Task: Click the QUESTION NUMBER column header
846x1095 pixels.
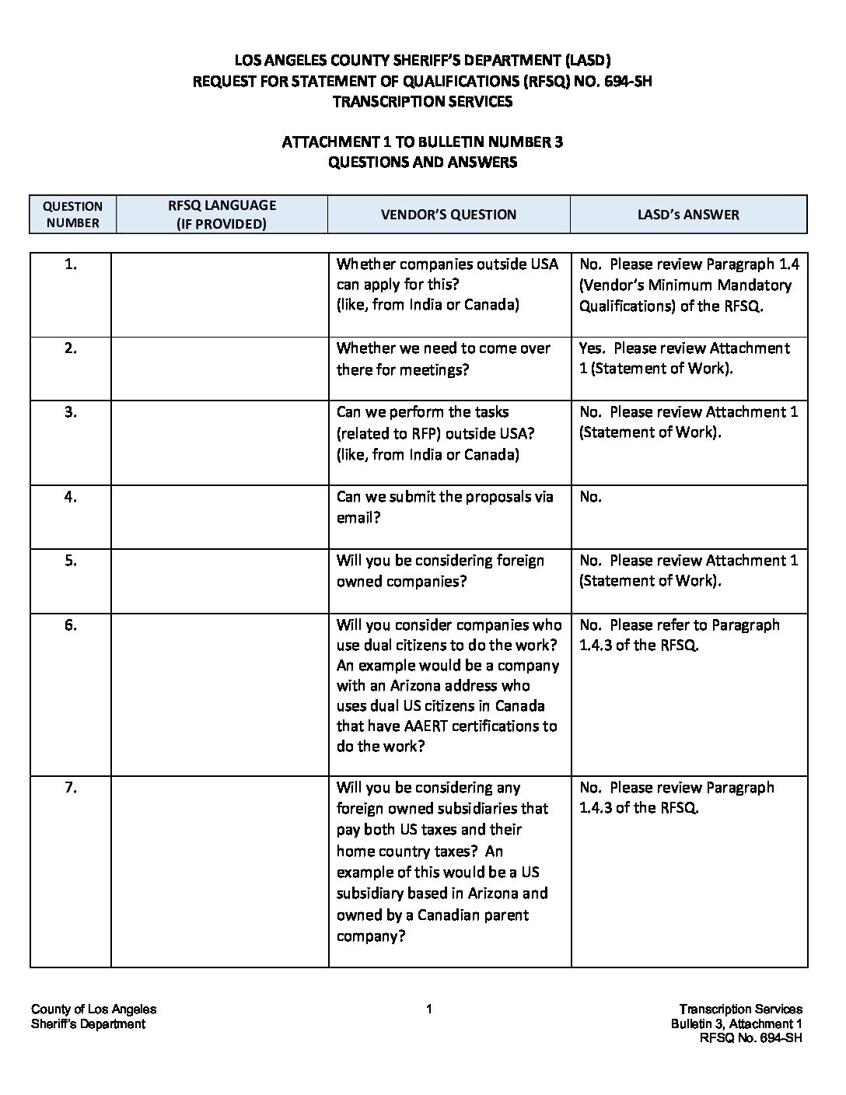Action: (72, 214)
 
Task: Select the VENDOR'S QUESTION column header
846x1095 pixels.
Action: (448, 215)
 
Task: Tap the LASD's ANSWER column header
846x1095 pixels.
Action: (687, 215)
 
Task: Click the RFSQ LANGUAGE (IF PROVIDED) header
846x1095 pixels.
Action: (222, 214)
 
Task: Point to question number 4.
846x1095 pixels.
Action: (71, 497)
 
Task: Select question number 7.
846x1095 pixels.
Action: (71, 788)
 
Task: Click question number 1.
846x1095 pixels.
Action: (71, 264)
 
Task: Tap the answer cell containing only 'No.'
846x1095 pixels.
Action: (590, 497)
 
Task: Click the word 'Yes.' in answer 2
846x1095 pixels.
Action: (592, 348)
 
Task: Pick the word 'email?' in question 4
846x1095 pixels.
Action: (358, 517)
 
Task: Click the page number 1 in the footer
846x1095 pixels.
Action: (428, 1009)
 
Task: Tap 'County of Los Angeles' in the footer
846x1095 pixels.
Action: (93, 1009)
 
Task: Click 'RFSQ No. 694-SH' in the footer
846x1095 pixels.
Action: (750, 1038)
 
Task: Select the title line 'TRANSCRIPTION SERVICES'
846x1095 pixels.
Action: (422, 101)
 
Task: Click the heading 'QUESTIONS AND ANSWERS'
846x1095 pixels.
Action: (422, 163)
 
